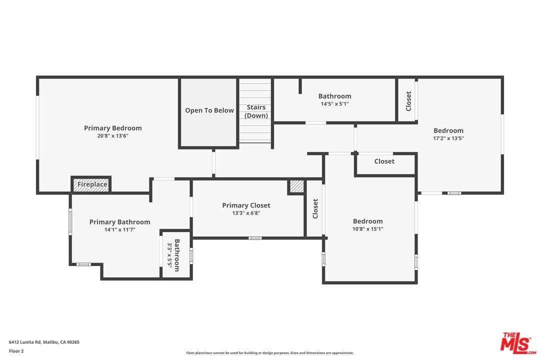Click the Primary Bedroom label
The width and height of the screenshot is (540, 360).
tap(112, 128)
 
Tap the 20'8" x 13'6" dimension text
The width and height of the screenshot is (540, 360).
tap(112, 136)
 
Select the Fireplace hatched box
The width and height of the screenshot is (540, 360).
tap(91, 184)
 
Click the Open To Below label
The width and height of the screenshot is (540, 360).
tap(209, 110)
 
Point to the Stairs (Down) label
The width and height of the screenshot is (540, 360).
tap(256, 111)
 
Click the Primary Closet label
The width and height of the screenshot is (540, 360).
tap(246, 205)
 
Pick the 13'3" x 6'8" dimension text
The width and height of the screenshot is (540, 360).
tap(246, 213)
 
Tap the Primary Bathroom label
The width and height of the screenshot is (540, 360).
tap(119, 222)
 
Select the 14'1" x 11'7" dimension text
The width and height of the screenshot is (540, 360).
tap(119, 230)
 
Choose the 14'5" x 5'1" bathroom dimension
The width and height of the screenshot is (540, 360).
tap(334, 104)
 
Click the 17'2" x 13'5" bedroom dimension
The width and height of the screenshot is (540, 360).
tap(448, 138)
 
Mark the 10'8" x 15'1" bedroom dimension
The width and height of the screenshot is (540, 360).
tap(367, 229)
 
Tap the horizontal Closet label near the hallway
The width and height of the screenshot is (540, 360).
tap(384, 161)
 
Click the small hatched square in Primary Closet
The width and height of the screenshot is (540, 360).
tap(296, 186)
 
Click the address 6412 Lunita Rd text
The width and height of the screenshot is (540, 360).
tap(44, 342)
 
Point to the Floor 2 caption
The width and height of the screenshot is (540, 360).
tap(16, 351)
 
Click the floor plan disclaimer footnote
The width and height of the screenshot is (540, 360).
tap(269, 353)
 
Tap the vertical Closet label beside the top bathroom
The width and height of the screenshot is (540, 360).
tap(408, 101)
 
